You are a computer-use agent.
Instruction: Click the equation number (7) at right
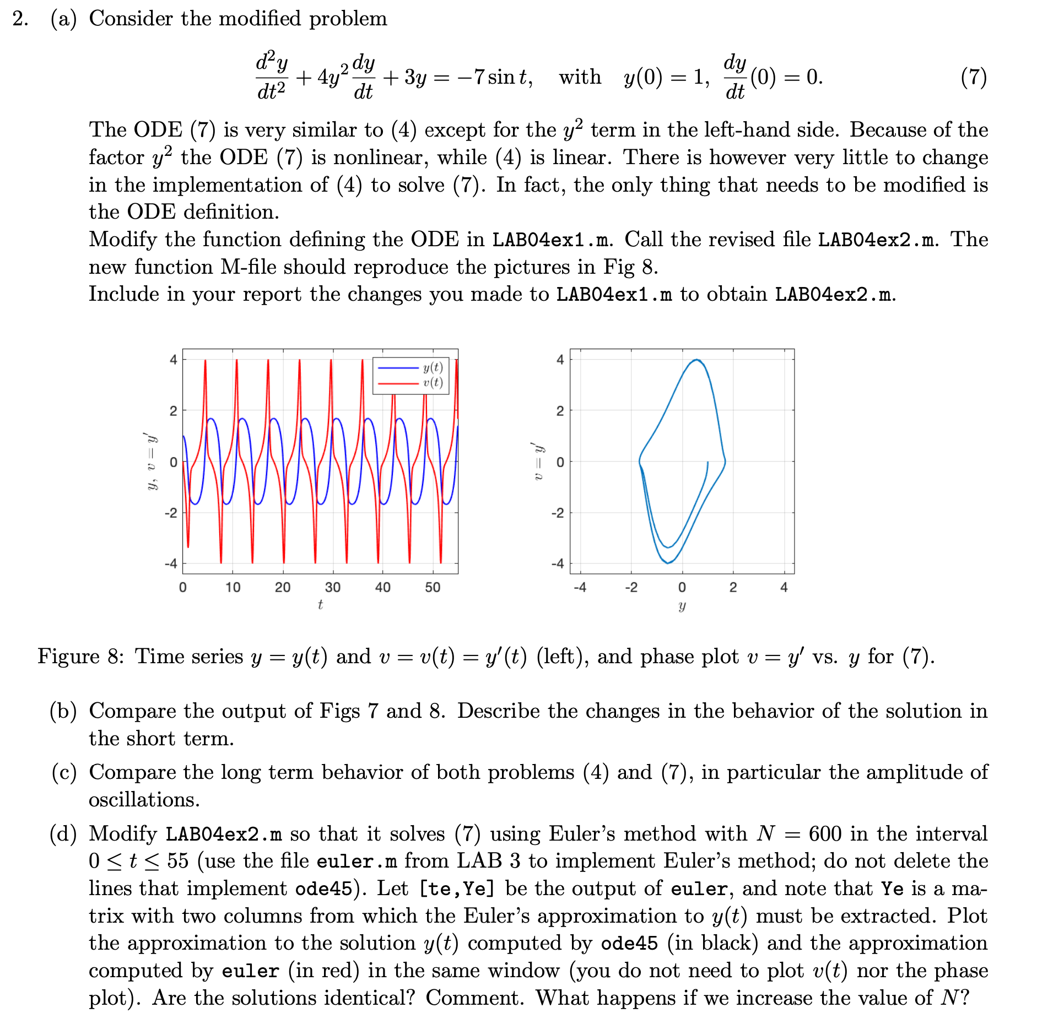973,77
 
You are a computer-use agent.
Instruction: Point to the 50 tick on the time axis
433,587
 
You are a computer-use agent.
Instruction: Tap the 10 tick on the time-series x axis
233,587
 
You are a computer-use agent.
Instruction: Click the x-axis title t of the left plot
320,605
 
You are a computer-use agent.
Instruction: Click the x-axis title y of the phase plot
682,606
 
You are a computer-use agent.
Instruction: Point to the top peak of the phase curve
697,360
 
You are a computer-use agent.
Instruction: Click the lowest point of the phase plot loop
667,563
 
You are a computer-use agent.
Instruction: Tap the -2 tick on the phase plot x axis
631,587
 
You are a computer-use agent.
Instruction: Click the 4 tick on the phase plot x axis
784,587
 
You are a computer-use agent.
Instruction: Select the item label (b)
63,711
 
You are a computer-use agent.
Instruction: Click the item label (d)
63,834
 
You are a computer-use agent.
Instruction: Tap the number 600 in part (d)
825,834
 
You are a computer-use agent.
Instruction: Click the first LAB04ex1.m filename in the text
551,240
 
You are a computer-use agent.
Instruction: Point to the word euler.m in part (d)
356,862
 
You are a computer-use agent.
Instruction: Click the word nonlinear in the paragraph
380,158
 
